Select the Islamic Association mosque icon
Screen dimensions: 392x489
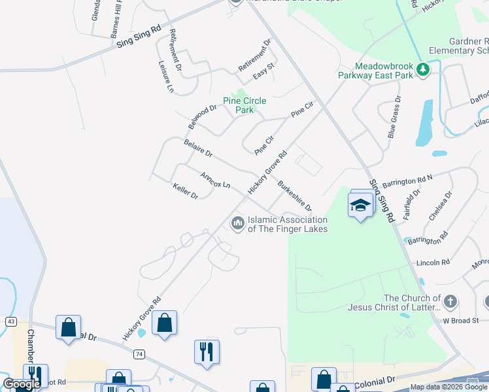tap(237, 224)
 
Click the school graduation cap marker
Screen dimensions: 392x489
tap(360, 206)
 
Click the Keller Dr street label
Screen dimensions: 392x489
tap(185, 191)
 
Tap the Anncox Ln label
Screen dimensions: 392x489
tap(215, 180)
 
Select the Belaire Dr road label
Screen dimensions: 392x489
tap(198, 148)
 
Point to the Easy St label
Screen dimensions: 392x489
tap(263, 71)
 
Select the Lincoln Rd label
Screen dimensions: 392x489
tap(433, 263)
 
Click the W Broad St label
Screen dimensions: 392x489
tap(465, 320)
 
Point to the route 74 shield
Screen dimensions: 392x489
tap(139, 353)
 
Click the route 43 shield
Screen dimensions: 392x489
tap(10, 321)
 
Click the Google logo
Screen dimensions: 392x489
tap(22, 384)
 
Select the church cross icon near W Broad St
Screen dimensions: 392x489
tap(449, 301)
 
